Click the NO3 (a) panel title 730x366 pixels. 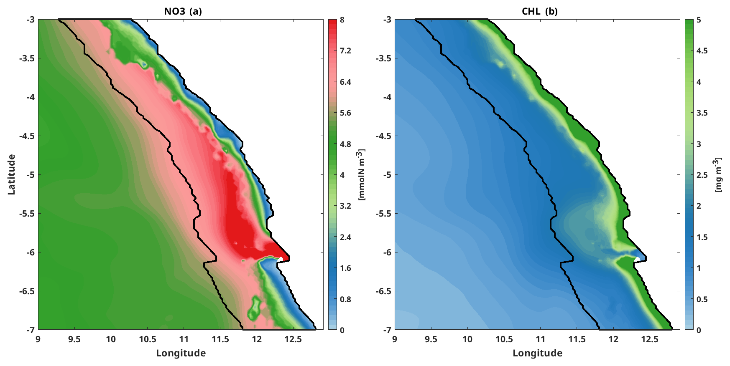[183, 11]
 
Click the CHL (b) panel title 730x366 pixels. [539, 11]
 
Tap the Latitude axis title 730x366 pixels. [11, 174]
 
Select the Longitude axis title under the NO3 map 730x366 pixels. [181, 353]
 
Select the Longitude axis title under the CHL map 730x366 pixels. [537, 353]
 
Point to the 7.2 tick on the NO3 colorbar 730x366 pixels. [345, 51]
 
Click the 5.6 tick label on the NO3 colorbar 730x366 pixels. [345, 113]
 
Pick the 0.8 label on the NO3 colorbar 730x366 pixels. [345, 299]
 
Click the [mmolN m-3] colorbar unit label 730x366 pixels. [362, 174]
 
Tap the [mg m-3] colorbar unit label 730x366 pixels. [718, 174]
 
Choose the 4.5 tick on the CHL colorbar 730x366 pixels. [702, 51]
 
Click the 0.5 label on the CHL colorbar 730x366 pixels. [702, 299]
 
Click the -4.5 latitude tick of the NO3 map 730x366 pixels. [27, 136]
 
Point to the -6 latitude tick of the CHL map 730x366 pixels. [387, 252]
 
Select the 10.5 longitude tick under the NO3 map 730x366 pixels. [147, 339]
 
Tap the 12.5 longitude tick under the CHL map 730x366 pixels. [650, 339]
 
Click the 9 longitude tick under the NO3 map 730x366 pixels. [38, 339]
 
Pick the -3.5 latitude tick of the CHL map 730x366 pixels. [383, 58]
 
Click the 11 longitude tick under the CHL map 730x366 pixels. [541, 339]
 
